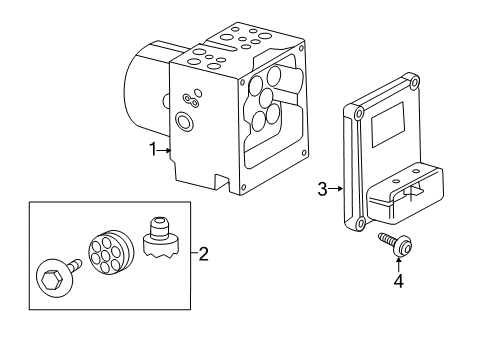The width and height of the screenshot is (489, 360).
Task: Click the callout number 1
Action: coord(153,149)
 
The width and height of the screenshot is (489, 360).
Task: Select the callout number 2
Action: coord(203,254)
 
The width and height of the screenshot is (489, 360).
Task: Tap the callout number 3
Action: coord(322,189)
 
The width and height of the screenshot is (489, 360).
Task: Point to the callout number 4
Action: coord(398,281)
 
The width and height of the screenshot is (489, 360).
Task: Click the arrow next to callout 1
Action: coord(164,150)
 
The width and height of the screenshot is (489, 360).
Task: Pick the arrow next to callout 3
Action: coord(336,189)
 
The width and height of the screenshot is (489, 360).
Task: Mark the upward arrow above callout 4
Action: coord(398,264)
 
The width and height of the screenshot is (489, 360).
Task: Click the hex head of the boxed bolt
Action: coord(51,278)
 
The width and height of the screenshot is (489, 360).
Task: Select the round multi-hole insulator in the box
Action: coord(111,253)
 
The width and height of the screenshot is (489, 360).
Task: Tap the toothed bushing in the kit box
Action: coord(161,241)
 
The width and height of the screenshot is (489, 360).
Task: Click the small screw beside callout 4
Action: coord(396,245)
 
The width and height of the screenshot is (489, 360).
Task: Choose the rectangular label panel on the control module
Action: coord(388,125)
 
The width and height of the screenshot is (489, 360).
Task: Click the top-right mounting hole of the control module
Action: coord(414,82)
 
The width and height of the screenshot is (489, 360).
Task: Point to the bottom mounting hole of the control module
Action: coord(360,223)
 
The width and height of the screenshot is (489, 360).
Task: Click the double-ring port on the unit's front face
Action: coord(184,121)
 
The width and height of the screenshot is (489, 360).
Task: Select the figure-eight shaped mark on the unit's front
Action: coord(191,101)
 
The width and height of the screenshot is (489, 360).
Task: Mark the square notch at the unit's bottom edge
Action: coord(222,183)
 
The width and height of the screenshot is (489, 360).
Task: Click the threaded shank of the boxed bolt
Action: coord(75,265)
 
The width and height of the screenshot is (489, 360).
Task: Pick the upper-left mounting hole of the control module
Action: coord(359,114)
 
